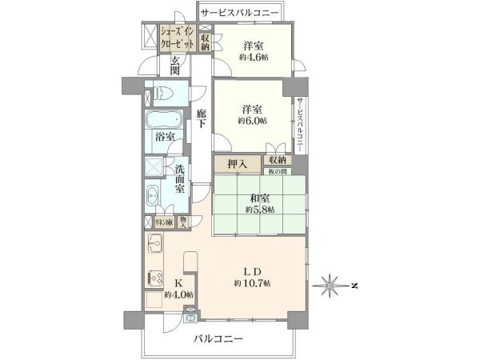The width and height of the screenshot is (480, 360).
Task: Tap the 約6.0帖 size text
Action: [x=252, y=121]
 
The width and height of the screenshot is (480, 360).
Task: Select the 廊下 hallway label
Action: [x=202, y=119]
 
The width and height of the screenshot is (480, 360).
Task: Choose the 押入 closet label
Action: [x=236, y=164]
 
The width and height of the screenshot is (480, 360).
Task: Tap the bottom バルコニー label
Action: [x=218, y=338]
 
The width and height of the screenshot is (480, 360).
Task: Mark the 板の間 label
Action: [x=278, y=170]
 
